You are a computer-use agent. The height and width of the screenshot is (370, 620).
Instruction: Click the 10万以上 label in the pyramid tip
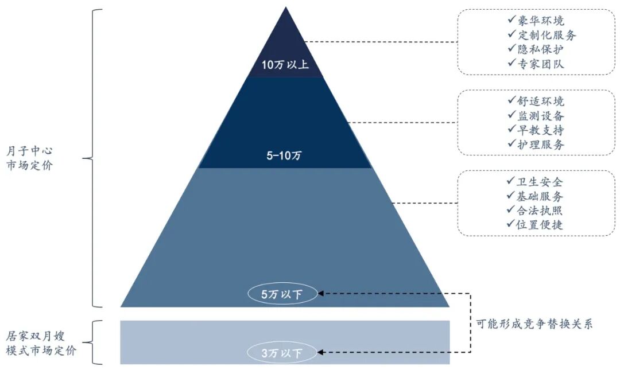285,64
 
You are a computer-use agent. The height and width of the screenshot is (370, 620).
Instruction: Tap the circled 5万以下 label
281,295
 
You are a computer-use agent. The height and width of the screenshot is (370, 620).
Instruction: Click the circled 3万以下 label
281,353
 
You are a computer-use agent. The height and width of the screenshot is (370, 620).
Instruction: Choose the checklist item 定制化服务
541,36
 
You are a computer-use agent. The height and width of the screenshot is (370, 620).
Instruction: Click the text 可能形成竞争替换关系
534,324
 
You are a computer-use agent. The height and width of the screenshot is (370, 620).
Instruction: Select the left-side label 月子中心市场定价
30,159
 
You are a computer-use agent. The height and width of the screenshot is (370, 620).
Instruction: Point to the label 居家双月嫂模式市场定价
41,343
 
